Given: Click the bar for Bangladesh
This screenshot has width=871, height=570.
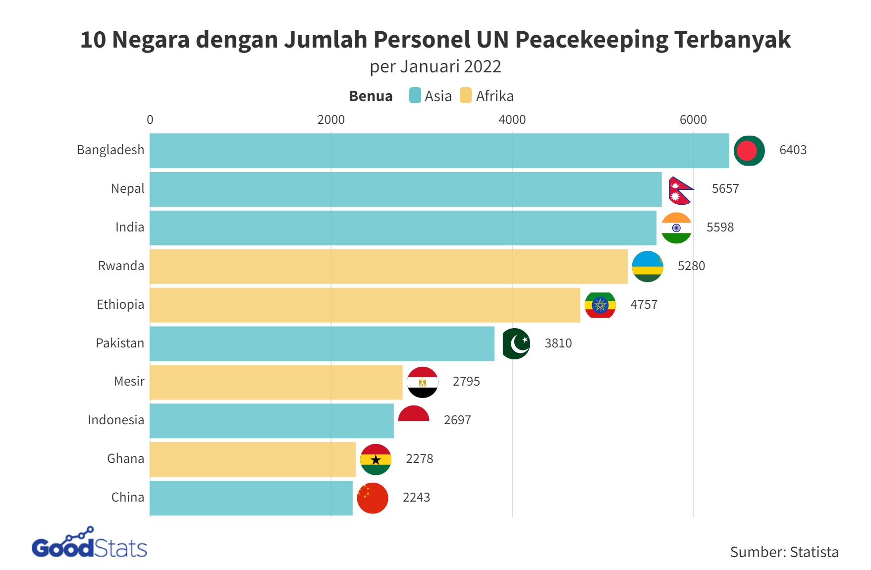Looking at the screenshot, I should coord(439,151).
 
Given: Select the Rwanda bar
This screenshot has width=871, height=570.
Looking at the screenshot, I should coord(388,267).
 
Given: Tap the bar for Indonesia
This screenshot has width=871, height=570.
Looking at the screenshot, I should coord(272,421).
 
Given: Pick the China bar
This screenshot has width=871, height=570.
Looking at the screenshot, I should coord(251,498).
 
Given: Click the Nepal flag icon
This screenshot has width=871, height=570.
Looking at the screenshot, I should coord(680,190).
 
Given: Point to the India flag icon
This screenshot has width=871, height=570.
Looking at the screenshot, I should coord(676,228).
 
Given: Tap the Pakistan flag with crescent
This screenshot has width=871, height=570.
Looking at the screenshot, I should coord(516,343).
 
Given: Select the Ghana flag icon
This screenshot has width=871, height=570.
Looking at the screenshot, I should coord(376,459).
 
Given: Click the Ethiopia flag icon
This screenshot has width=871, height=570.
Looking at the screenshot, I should coord(600,305).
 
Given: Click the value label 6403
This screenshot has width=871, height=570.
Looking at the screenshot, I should coord(793,150).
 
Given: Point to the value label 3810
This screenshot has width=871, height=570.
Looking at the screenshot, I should coord(558,343).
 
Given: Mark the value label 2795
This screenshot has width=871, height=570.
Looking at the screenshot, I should coord(466,382).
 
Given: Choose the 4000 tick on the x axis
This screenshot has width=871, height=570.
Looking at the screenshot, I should coord(512,120).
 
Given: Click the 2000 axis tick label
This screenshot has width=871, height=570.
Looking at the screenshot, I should coord(331,120).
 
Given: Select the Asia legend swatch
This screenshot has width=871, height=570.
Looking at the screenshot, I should coord(415,96).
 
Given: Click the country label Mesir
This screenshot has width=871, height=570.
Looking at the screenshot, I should coord(129,382).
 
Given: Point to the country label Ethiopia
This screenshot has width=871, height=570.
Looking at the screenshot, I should coord(120,305).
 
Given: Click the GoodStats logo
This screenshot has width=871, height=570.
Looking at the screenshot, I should coord(90,544).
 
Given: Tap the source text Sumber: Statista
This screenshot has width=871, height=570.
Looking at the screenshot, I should coord(784,552).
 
